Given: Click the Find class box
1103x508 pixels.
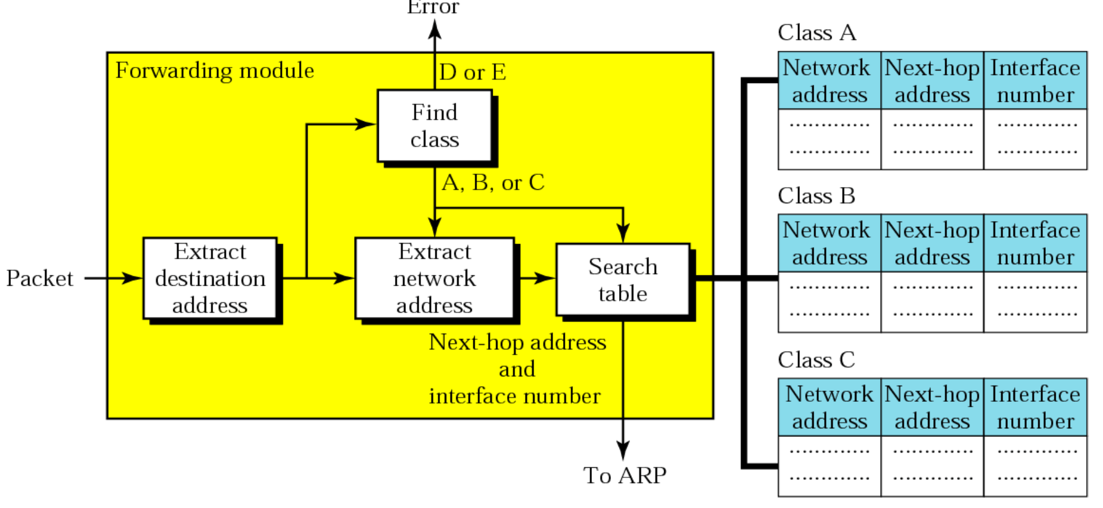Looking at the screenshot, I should coord(434,126).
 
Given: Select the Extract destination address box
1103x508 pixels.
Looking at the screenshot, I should coord(210,278).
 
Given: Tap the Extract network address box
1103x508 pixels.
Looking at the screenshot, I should coord(434,278).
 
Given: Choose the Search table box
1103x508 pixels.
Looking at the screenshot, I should coord(623,280).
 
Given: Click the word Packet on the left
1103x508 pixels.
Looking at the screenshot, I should coord(39,278).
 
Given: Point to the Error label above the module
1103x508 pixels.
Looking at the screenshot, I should coord(433,8).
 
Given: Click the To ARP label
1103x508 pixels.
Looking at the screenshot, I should coord(625,476).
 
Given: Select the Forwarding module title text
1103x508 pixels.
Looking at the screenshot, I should coord(215,70).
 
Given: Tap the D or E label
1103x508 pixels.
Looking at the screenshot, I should coord(472,73).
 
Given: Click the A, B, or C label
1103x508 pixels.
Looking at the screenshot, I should coord(493,183).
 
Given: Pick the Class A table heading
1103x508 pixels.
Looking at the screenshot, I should coord(817,33).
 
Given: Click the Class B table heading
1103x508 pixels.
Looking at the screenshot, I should coord(816,196).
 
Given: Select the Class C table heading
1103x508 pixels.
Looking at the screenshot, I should coord(816,360).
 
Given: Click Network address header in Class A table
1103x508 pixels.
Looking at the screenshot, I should coord(829,81).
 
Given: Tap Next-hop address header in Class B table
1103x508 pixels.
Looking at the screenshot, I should coord(931,243).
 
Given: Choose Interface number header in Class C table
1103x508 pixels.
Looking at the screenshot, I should coord(1035,407).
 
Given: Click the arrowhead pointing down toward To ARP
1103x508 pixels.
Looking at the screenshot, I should coord(623,450).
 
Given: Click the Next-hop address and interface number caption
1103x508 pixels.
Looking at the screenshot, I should coord(517,369).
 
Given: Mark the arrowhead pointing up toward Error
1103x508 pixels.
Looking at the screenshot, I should coord(435,30).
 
